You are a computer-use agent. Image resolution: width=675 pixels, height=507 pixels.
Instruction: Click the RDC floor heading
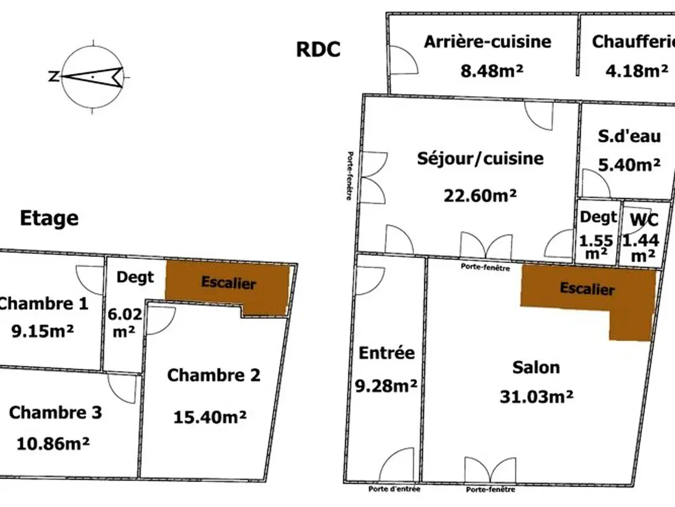[x=318, y=49]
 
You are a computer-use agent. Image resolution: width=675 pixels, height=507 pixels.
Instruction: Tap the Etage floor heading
[x=49, y=218]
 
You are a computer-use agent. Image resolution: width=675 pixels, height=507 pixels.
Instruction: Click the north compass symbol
[x=91, y=77]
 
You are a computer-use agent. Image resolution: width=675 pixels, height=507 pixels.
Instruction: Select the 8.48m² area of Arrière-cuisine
[x=492, y=70]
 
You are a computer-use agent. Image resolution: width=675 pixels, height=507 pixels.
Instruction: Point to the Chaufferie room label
[x=633, y=42]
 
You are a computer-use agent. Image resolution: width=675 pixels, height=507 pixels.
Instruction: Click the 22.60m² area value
[x=480, y=195]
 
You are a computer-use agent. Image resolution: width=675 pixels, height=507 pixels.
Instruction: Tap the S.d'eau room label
[x=629, y=136]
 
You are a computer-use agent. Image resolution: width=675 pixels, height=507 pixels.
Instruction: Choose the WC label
[x=644, y=220]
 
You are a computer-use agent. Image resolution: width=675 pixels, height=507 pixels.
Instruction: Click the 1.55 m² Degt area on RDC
[x=596, y=246]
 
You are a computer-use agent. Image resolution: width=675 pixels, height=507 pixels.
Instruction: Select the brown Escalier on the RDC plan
[x=588, y=289]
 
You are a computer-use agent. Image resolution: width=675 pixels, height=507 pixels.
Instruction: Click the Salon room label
[x=536, y=367]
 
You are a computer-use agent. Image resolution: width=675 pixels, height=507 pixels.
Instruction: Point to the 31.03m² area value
[x=536, y=396]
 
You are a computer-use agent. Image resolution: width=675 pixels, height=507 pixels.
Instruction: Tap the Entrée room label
[x=387, y=353]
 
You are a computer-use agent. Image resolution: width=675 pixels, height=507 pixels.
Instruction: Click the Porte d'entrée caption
[x=395, y=489]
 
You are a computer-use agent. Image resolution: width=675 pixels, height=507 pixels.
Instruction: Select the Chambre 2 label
[x=214, y=375]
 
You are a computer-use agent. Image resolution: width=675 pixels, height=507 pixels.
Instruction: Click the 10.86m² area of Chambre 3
[x=53, y=443]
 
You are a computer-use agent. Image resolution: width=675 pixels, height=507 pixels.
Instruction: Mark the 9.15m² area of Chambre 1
[x=42, y=331]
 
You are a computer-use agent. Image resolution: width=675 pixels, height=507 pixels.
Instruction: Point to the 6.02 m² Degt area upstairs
[x=125, y=323]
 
